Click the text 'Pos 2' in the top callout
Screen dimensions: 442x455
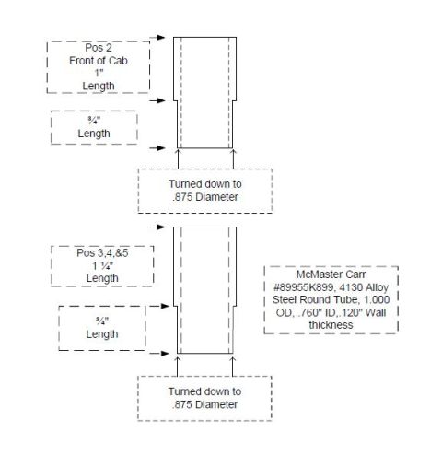(99, 48)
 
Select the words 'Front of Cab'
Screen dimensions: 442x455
(99, 61)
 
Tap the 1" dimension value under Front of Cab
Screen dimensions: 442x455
(99, 73)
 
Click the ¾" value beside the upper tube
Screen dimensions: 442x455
(94, 121)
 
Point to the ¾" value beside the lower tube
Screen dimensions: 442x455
(102, 321)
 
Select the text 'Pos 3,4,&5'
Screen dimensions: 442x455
(102, 253)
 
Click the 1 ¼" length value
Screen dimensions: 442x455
(103, 265)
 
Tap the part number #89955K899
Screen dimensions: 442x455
(304, 287)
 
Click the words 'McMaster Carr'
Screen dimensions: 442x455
(331, 274)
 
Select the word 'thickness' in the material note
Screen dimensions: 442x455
(331, 325)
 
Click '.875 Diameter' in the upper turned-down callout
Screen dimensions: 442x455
(205, 197)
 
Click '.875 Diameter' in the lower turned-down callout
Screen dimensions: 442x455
(204, 404)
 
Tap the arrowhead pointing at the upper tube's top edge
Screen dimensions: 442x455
(161, 38)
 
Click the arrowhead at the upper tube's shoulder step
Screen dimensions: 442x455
(161, 100)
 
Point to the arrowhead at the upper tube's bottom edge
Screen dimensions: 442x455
(161, 148)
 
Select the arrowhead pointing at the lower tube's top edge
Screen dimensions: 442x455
(161, 227)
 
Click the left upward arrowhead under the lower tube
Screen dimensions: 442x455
(178, 359)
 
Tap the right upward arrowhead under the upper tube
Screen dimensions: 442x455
(233, 152)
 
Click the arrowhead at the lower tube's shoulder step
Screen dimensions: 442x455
(165, 306)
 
